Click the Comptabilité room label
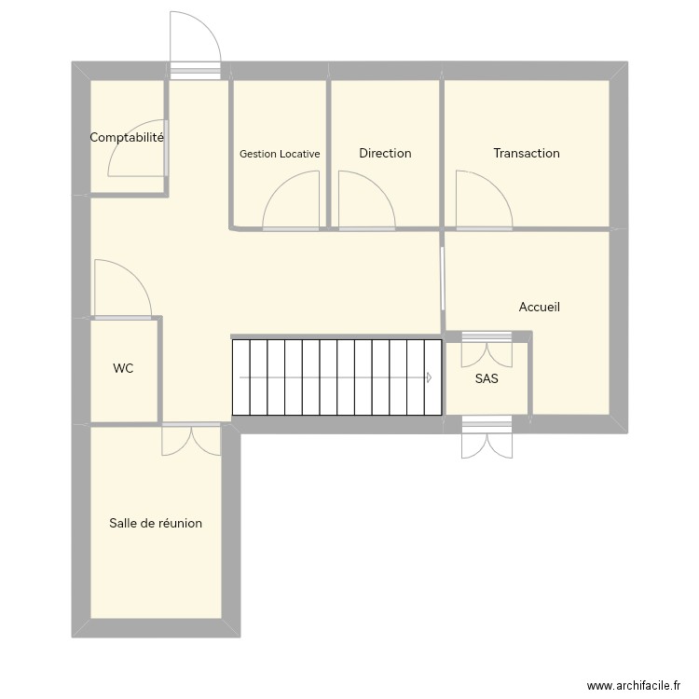pos(127,137)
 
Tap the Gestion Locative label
pos(280,154)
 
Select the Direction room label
pos(385,153)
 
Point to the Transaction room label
pos(527,153)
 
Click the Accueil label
pos(539,307)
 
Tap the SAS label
pos(487,378)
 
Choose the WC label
pos(123,368)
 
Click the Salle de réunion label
pos(156,523)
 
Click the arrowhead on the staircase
pos(430,377)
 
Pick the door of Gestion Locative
pos(292,205)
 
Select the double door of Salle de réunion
pos(191,440)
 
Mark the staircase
pos(336,377)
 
